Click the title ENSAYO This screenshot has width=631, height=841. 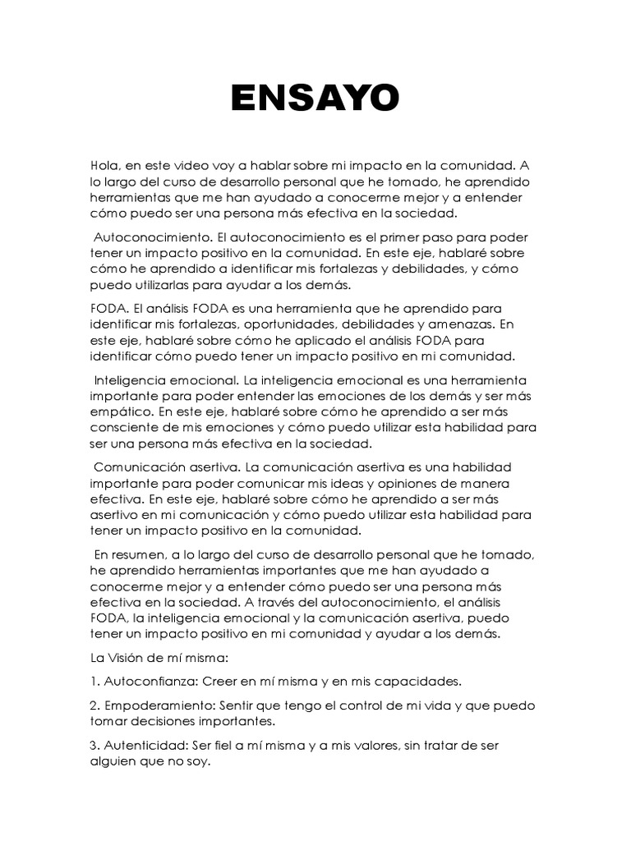[x=315, y=99]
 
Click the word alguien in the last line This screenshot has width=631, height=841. [x=114, y=761]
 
